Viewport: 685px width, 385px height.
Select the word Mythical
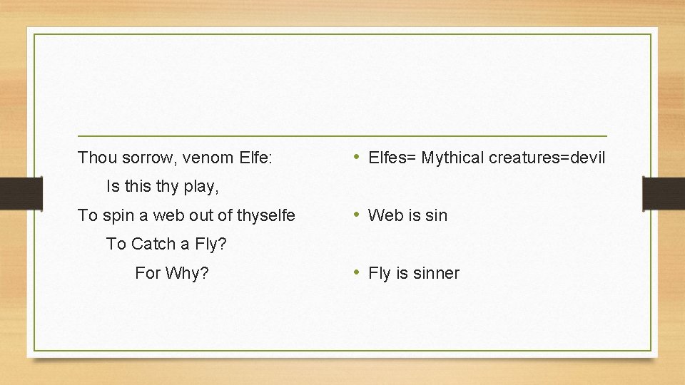tap(452, 158)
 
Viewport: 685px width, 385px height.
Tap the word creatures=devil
tap(547, 158)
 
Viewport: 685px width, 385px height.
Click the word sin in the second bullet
tap(435, 215)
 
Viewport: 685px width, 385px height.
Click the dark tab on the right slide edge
tap(663, 194)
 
